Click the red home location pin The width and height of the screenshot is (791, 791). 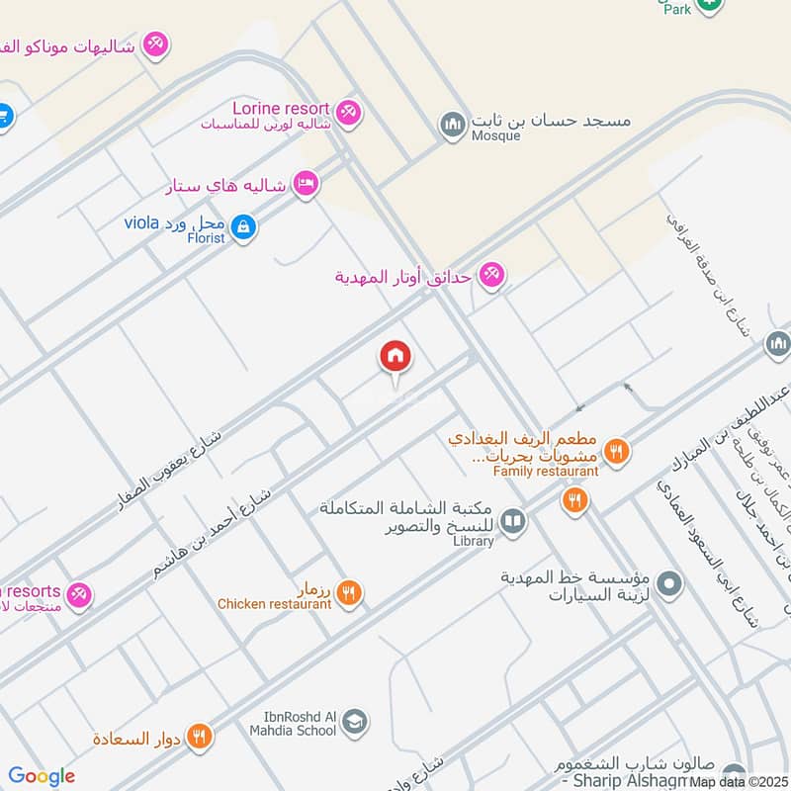[x=395, y=357]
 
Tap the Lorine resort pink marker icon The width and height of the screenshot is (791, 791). [x=348, y=113]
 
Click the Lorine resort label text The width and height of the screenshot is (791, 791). [x=282, y=107]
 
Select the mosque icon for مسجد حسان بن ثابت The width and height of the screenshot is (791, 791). [x=453, y=125]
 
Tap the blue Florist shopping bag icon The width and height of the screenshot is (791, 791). [x=244, y=229]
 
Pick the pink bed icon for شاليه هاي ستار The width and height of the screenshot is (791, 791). [x=306, y=185]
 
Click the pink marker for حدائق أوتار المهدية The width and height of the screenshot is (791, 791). [x=490, y=276]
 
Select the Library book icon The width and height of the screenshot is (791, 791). [x=512, y=521]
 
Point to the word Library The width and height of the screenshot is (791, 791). [x=473, y=541]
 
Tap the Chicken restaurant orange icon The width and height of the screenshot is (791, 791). [x=348, y=593]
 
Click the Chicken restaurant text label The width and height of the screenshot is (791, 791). [x=275, y=603]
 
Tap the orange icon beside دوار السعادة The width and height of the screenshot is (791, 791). [x=200, y=737]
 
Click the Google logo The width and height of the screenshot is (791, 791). [x=42, y=776]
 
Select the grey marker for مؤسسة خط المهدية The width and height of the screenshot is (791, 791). [x=669, y=584]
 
